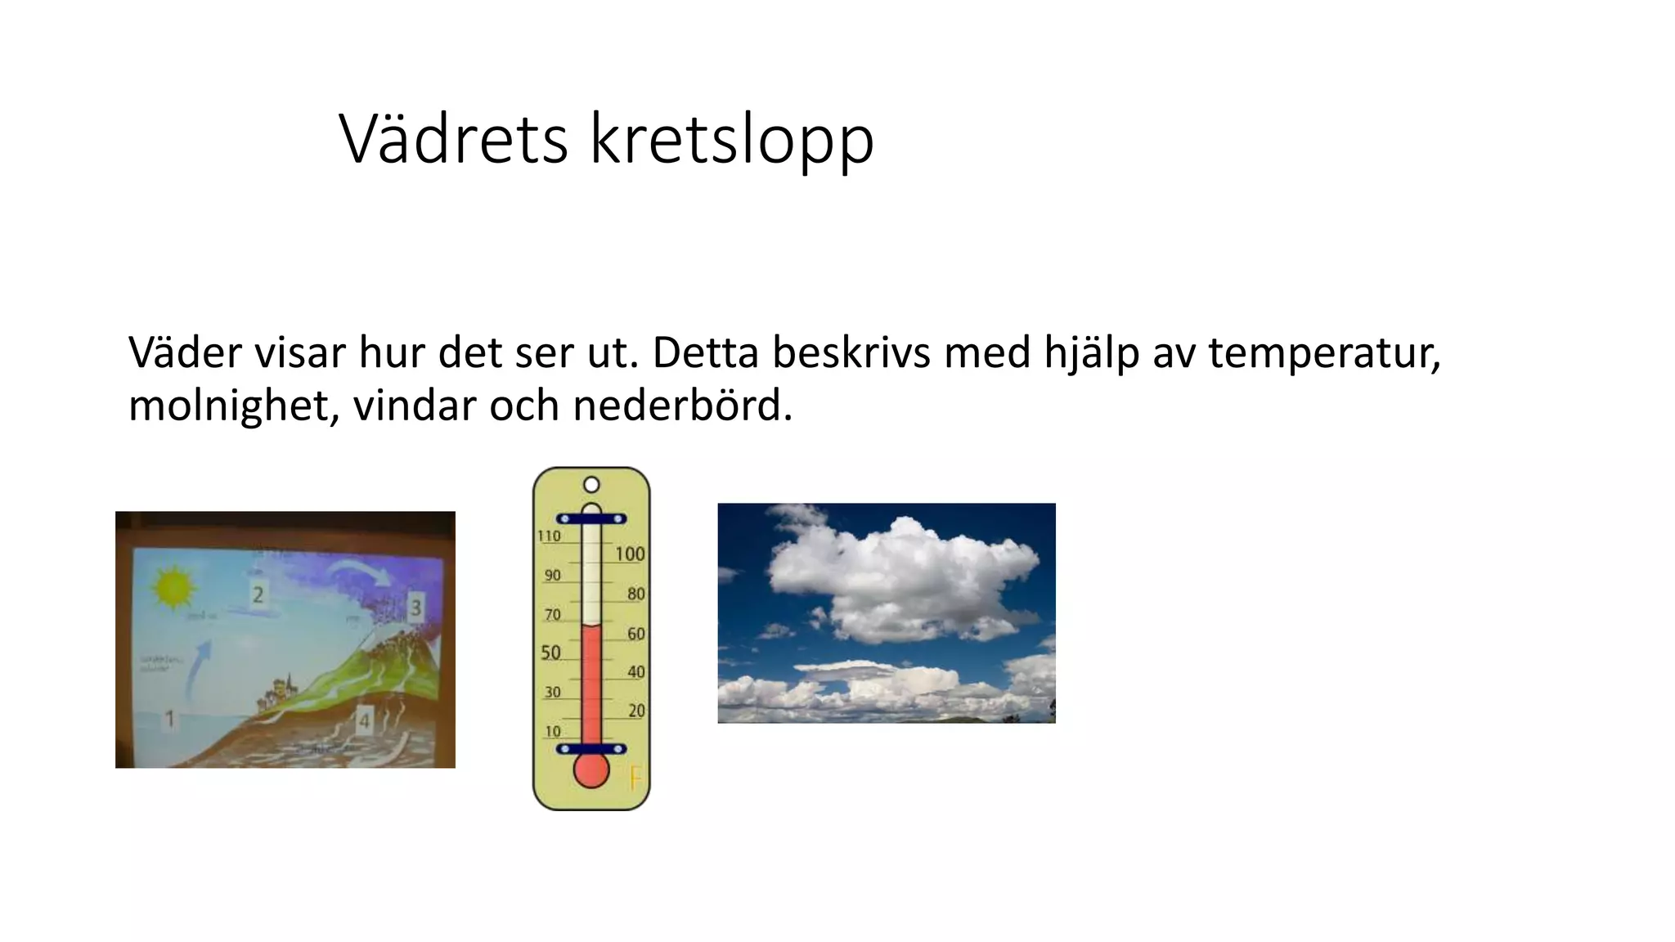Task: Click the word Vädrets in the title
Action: tap(453, 139)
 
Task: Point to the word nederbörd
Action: tap(682, 406)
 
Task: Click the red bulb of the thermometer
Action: tap(591, 770)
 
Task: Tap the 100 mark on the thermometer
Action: tap(630, 554)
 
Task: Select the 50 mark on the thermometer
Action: tap(551, 653)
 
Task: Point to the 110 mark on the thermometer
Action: tap(549, 536)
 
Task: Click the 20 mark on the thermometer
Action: tap(636, 711)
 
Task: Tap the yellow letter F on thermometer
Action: tap(635, 779)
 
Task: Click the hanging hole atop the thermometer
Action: tap(591, 485)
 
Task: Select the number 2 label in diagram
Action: tap(258, 594)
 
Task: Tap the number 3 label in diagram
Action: tap(415, 608)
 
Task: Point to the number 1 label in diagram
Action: tap(170, 719)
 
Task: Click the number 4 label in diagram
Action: tap(364, 720)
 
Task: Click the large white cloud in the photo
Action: tap(900, 576)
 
